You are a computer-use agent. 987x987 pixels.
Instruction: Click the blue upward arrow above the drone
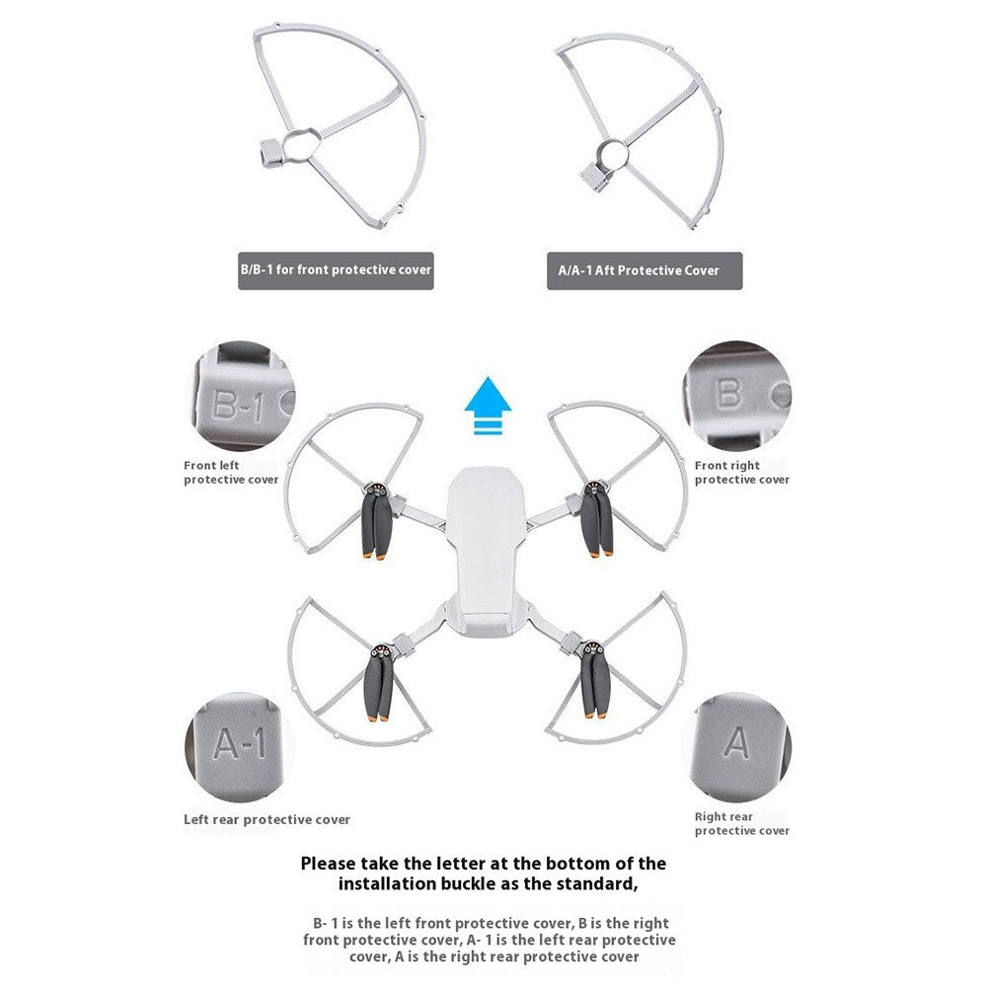[488, 405]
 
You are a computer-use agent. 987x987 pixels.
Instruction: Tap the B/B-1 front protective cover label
[336, 270]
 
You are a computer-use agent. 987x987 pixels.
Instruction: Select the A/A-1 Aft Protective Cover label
[645, 270]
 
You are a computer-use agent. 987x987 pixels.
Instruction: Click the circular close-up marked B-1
[241, 396]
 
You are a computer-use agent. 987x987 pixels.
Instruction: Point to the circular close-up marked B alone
[736, 396]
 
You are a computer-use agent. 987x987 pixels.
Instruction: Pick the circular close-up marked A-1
[240, 747]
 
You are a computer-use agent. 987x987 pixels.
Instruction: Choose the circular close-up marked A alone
[736, 747]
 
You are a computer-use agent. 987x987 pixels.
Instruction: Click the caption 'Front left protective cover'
[231, 473]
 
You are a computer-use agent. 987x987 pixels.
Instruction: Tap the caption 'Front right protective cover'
[741, 473]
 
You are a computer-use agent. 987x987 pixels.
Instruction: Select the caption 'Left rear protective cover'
[266, 819]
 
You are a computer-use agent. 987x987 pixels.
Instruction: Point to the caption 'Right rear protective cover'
[741, 823]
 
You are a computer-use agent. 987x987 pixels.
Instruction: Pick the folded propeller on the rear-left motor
[378, 682]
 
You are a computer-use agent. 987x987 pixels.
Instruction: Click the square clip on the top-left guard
[271, 154]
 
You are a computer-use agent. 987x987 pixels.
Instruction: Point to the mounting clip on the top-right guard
[594, 176]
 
